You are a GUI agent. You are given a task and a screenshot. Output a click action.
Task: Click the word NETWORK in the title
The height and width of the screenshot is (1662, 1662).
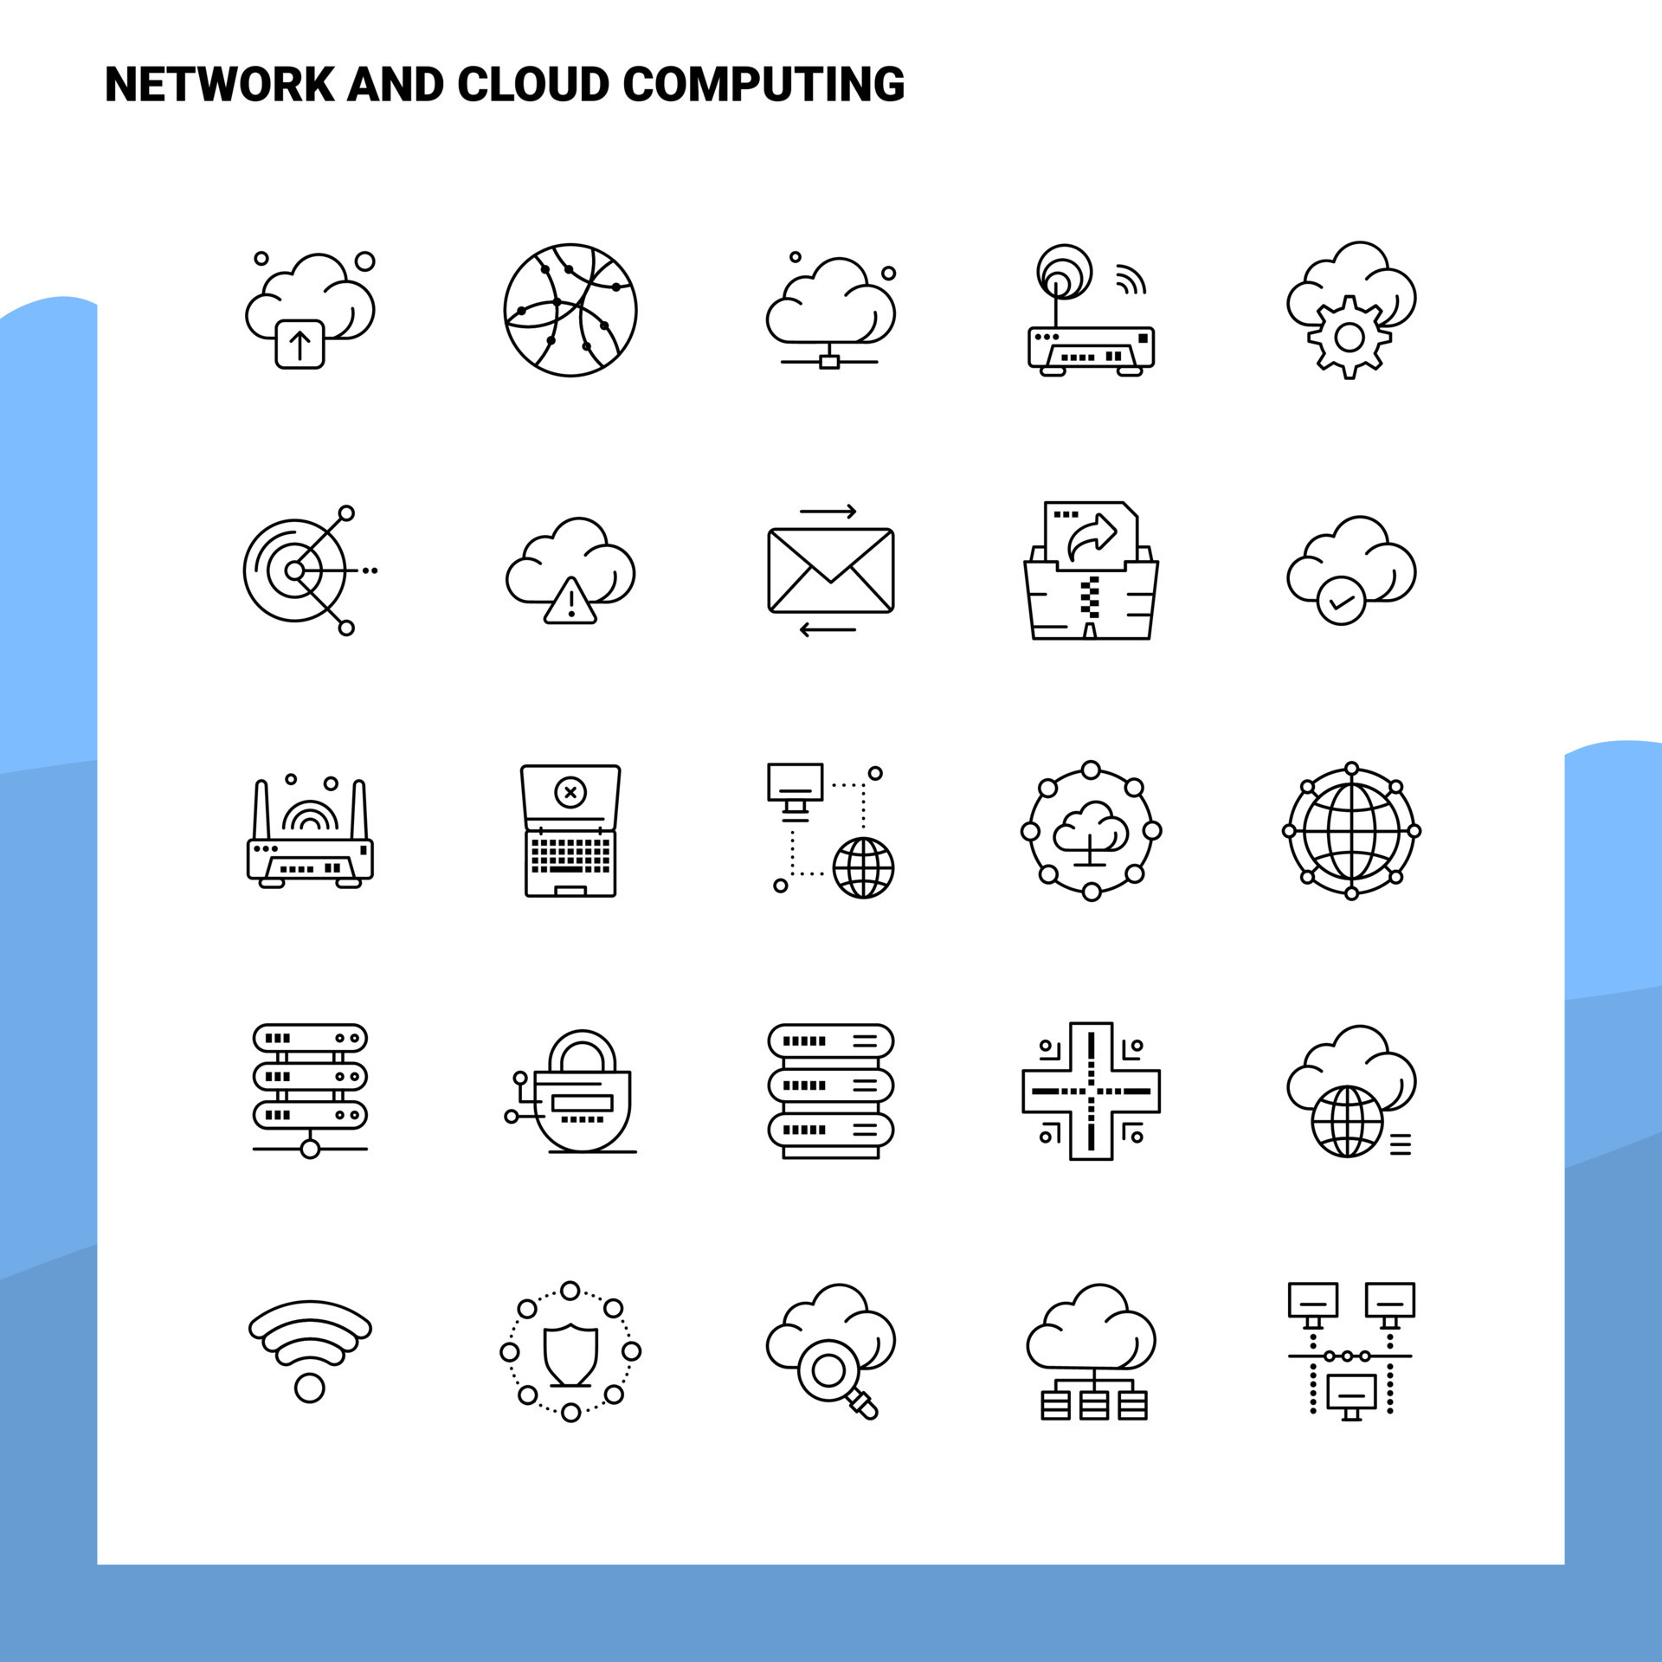(x=220, y=85)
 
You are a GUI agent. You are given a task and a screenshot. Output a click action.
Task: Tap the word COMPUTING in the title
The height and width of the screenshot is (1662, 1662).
(x=763, y=85)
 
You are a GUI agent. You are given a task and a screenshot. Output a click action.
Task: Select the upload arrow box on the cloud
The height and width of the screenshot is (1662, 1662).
(x=300, y=345)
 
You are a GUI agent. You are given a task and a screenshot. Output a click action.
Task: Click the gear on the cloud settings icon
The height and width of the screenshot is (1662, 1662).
(x=1349, y=338)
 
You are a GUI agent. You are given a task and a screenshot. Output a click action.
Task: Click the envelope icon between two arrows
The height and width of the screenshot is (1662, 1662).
(x=830, y=570)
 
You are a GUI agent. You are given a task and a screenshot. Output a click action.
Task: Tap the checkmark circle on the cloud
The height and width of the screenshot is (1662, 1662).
(x=1341, y=601)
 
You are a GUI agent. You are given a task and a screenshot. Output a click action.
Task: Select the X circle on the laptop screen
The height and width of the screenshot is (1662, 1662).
(x=570, y=791)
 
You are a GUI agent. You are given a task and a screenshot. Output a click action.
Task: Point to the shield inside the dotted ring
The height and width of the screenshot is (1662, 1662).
(x=570, y=1355)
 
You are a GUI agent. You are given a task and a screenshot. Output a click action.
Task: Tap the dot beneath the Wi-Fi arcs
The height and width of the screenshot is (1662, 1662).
(x=309, y=1388)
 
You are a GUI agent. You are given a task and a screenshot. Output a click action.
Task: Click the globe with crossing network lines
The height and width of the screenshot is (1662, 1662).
(x=570, y=310)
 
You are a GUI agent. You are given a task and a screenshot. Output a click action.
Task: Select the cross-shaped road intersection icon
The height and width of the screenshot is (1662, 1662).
(x=1091, y=1091)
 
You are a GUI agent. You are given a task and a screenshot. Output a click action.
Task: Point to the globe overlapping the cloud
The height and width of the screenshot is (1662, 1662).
(x=1348, y=1121)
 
